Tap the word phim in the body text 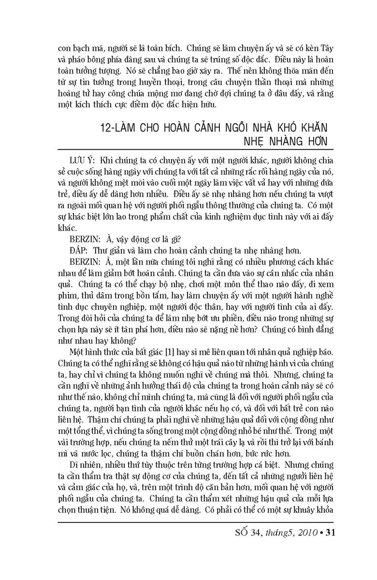tap(65, 295)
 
